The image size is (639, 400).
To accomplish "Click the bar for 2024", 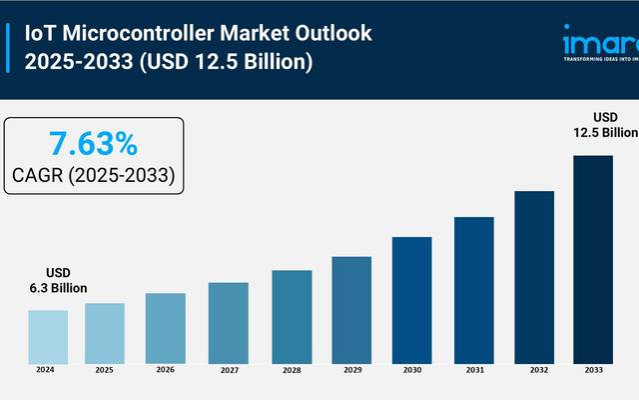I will (47, 336).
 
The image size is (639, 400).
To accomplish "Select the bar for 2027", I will (228, 322).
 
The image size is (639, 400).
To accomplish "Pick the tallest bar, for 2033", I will (593, 259).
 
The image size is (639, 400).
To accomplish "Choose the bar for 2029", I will (351, 310).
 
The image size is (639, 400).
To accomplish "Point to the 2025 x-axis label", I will (105, 370).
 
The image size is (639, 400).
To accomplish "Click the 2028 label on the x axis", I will (291, 370).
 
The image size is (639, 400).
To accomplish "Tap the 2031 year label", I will (473, 370).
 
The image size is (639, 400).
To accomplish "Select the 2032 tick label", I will (534, 370).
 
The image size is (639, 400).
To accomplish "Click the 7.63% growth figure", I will (93, 142).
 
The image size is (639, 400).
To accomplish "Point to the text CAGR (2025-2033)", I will (93, 175).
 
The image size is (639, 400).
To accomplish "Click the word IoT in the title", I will (41, 33).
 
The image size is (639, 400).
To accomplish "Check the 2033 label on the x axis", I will (593, 370).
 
